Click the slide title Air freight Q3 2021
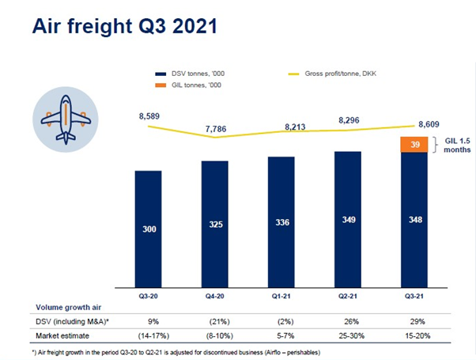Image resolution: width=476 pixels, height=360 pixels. point(124,25)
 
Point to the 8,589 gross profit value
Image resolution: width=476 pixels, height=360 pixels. point(148,116)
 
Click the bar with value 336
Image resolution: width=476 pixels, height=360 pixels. point(281,221)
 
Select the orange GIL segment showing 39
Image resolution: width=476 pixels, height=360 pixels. point(414,144)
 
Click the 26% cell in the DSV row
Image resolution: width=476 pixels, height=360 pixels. point(347,321)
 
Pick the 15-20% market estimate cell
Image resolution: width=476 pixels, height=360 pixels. point(414,336)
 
